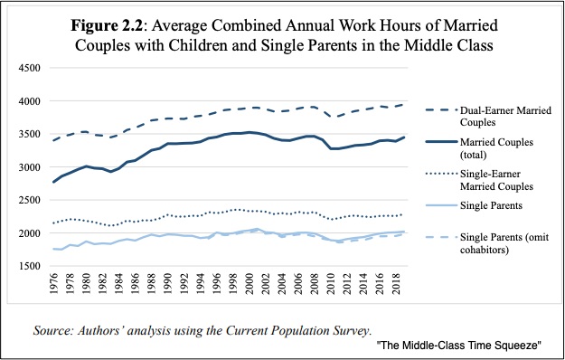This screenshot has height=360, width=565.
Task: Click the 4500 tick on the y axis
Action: point(29,68)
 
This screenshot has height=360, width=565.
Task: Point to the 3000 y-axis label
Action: point(29,167)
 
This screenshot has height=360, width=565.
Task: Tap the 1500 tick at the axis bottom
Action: point(29,266)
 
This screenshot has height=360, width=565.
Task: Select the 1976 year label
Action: point(53,284)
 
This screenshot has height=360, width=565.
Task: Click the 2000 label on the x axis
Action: point(250,284)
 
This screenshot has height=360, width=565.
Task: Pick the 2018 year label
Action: point(396,284)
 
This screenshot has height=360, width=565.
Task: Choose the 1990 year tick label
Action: point(168,284)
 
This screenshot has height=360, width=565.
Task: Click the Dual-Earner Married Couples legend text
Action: point(505,116)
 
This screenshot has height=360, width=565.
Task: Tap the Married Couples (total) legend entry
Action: point(496,148)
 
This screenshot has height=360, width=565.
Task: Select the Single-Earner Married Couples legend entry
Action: point(496,180)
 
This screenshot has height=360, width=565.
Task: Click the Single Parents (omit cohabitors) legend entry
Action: point(504,243)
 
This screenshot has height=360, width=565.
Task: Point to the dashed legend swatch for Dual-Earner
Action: point(441,110)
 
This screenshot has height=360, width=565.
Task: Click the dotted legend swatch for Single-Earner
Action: point(441,174)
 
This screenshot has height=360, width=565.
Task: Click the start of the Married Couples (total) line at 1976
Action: point(53,182)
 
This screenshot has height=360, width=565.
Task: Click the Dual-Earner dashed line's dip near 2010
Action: point(331,117)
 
